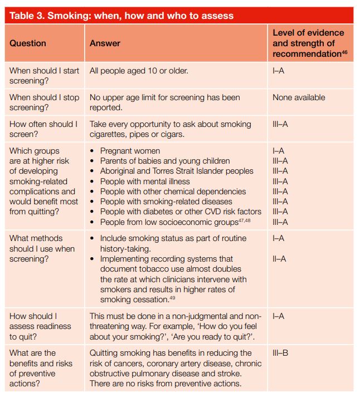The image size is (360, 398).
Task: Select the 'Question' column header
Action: pyautogui.click(x=28, y=43)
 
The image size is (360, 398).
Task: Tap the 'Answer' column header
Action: pyautogui.click(x=105, y=43)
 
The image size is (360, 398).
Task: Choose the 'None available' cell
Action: pyautogui.click(x=299, y=97)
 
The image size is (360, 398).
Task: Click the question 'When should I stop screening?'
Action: pyautogui.click(x=44, y=102)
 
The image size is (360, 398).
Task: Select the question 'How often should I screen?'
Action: pyautogui.click(x=43, y=129)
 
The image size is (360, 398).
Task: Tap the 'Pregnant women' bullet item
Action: pyautogui.click(x=130, y=151)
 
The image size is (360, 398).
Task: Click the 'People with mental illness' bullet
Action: pyautogui.click(x=145, y=181)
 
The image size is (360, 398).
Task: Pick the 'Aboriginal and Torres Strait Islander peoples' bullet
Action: pyautogui.click(x=177, y=171)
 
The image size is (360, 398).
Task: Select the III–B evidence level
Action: pyautogui.click(x=280, y=353)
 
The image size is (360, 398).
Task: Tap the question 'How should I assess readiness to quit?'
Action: pyautogui.click(x=41, y=327)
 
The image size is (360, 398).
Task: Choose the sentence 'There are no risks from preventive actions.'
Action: pyautogui.click(x=166, y=383)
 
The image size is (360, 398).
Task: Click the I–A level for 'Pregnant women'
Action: pyautogui.click(x=278, y=151)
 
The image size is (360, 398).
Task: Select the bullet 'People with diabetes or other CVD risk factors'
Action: pyautogui.click(x=181, y=212)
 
